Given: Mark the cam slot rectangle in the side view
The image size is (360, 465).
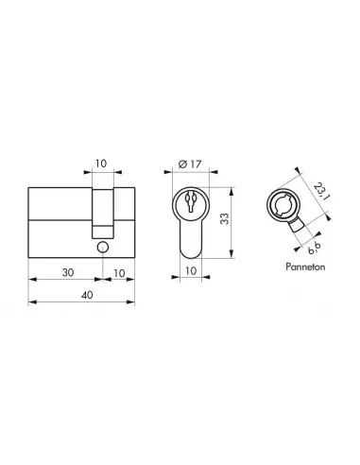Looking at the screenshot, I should (x=103, y=214).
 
